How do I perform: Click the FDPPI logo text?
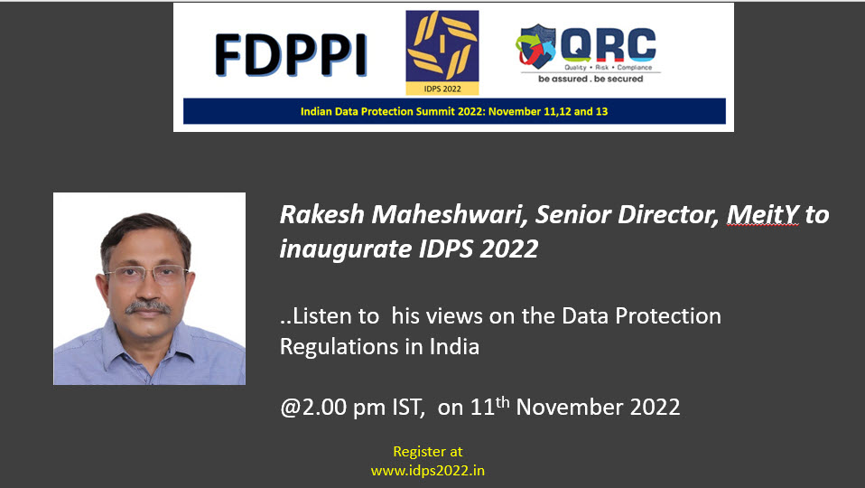point(291,54)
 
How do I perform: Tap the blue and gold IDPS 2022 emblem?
point(442,52)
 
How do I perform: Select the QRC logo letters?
point(609,44)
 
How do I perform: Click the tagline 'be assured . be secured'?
point(591,79)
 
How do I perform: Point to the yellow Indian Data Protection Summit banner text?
point(454,111)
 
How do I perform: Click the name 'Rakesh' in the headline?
point(322,214)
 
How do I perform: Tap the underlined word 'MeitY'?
point(762,214)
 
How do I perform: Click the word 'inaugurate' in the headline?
point(345,249)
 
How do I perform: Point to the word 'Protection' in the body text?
point(668,315)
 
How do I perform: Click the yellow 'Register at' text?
point(428,452)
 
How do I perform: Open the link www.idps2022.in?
point(428,471)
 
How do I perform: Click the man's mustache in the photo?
point(147,307)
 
